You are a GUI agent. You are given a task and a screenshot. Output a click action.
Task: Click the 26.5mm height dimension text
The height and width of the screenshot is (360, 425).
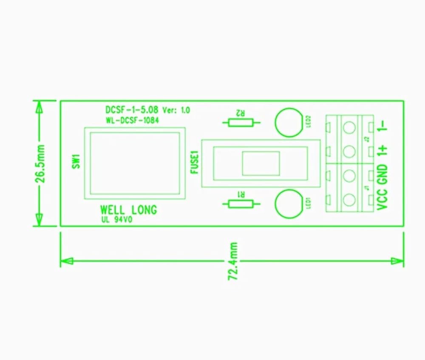(x=41, y=163)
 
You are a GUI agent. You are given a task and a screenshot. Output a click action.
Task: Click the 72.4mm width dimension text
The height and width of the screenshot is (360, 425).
(x=232, y=261)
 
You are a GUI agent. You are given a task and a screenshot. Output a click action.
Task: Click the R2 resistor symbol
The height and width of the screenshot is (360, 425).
(x=241, y=123)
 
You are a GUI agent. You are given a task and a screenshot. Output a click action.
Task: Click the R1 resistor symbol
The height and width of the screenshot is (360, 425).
(x=241, y=204)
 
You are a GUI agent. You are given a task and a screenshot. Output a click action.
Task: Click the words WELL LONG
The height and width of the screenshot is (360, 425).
(x=128, y=210)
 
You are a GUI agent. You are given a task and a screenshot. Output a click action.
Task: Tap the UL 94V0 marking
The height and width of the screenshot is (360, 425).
(x=117, y=220)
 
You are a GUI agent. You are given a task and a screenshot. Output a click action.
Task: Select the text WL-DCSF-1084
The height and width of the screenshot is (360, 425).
(x=132, y=120)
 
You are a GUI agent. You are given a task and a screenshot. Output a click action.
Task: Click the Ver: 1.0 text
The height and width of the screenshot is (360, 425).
(x=176, y=110)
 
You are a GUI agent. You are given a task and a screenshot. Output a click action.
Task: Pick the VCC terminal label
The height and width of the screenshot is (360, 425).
(x=382, y=199)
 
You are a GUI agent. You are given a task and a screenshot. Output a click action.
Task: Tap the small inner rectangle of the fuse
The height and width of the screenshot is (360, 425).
(x=261, y=163)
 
